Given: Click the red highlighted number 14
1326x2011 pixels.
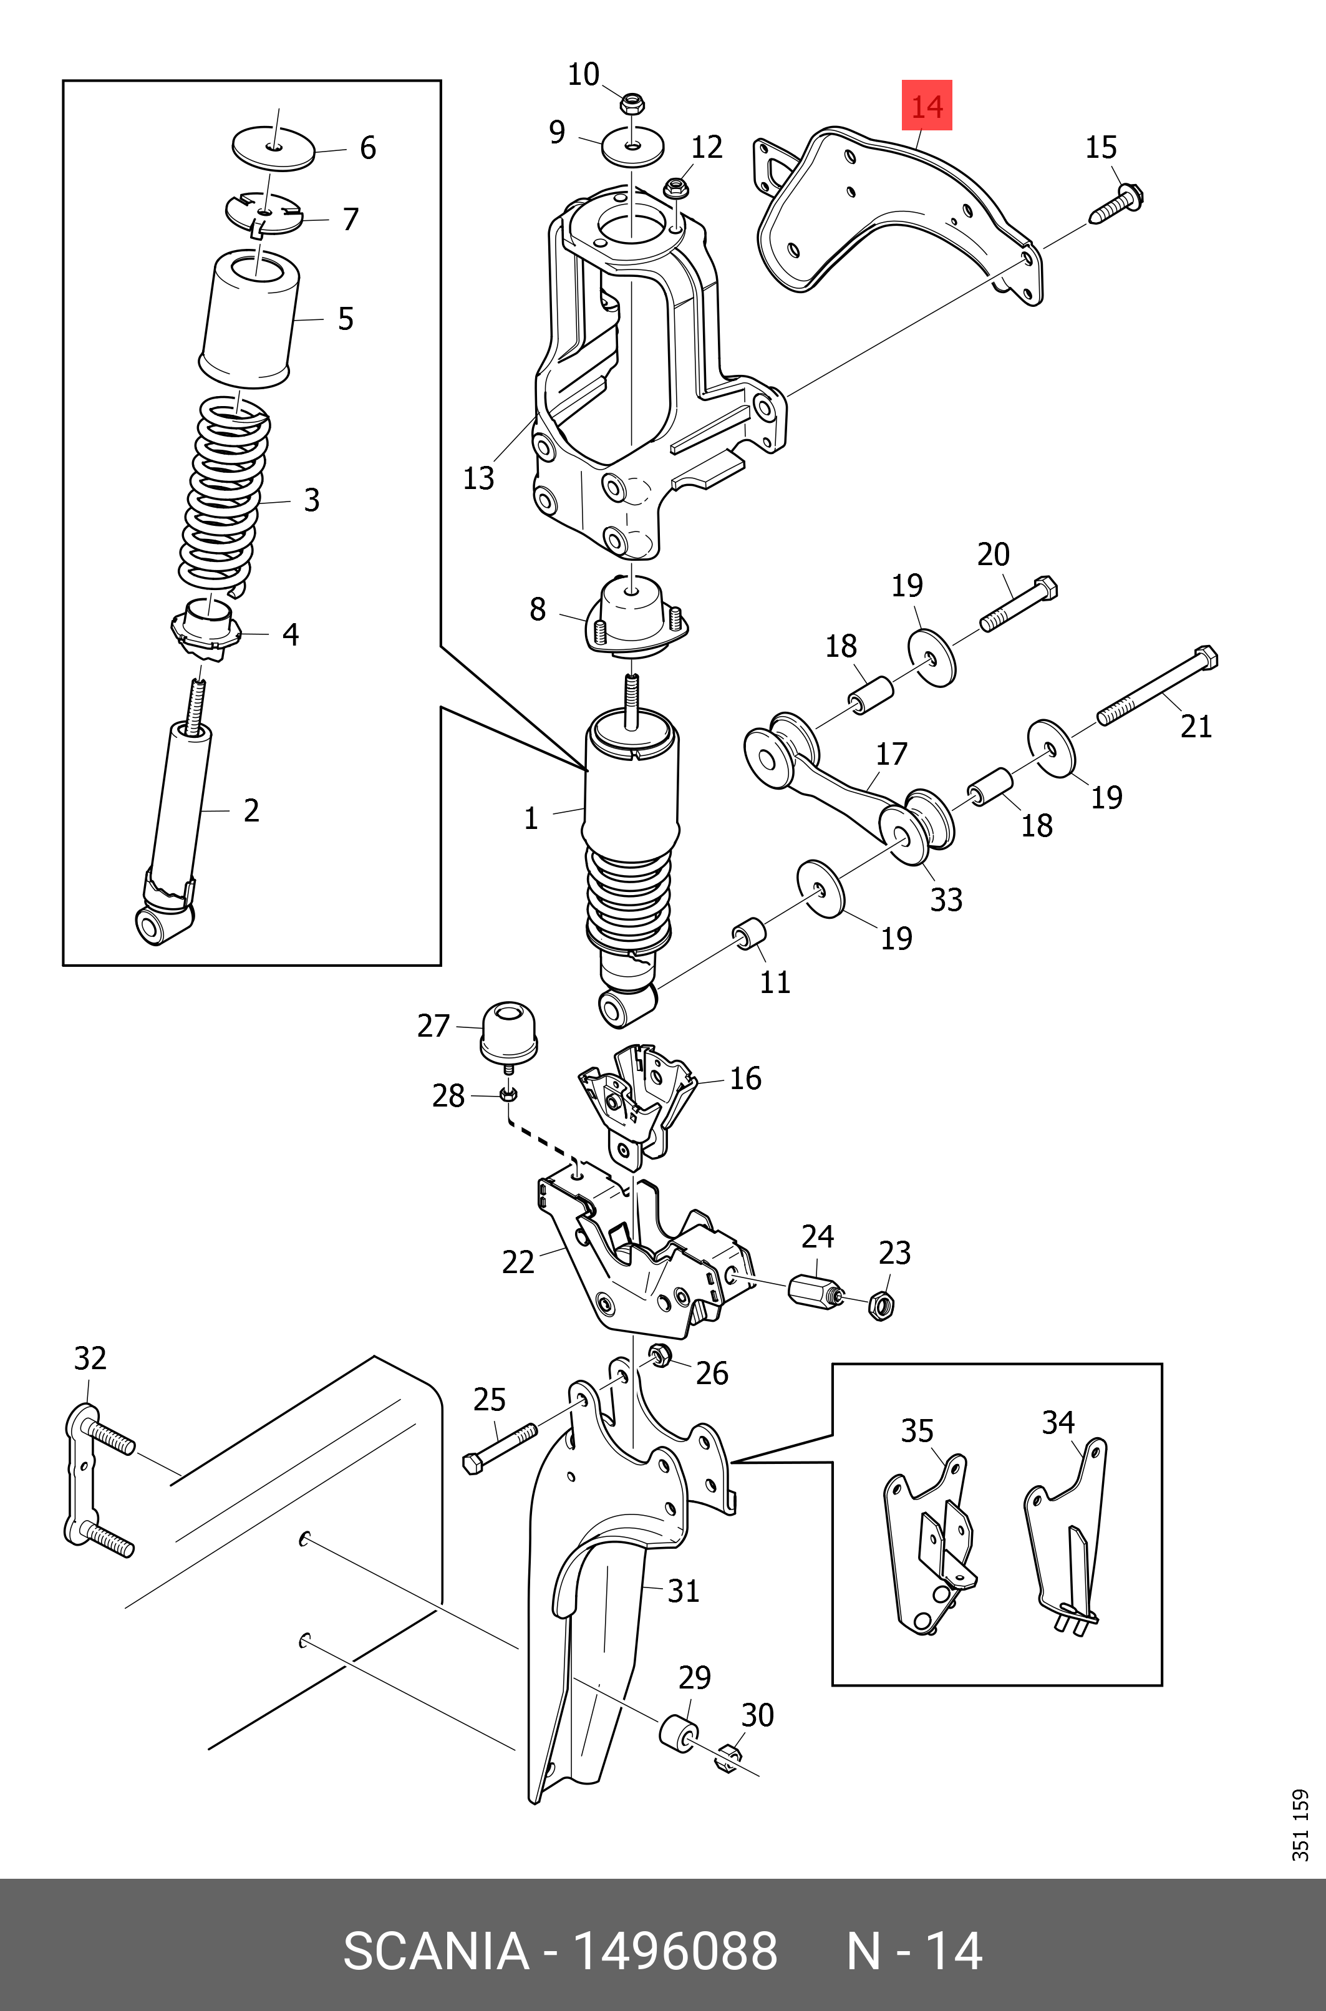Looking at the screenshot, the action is coord(927,105).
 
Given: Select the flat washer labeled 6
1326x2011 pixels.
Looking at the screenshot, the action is coord(273,149).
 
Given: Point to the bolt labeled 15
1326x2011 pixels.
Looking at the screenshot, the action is coord(1117,203).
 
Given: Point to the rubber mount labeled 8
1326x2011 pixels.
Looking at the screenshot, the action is coord(634,618).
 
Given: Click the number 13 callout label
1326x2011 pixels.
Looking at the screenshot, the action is coord(478,478).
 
